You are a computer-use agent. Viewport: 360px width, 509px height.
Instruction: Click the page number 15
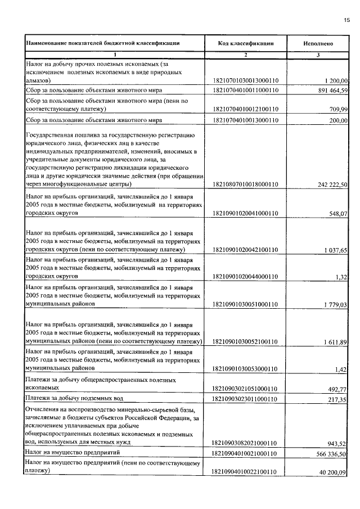(x=346, y=20)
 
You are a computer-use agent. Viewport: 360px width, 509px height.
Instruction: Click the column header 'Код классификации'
(x=246, y=43)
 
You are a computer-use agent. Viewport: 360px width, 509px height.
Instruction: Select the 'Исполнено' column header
(x=318, y=43)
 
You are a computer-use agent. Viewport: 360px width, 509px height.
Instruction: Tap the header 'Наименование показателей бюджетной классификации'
(x=102, y=43)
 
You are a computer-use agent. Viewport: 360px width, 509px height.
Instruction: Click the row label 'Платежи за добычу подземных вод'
(x=74, y=398)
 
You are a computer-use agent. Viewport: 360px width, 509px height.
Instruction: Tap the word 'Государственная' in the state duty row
(x=51, y=136)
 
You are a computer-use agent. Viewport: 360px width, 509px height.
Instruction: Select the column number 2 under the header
(x=246, y=55)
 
